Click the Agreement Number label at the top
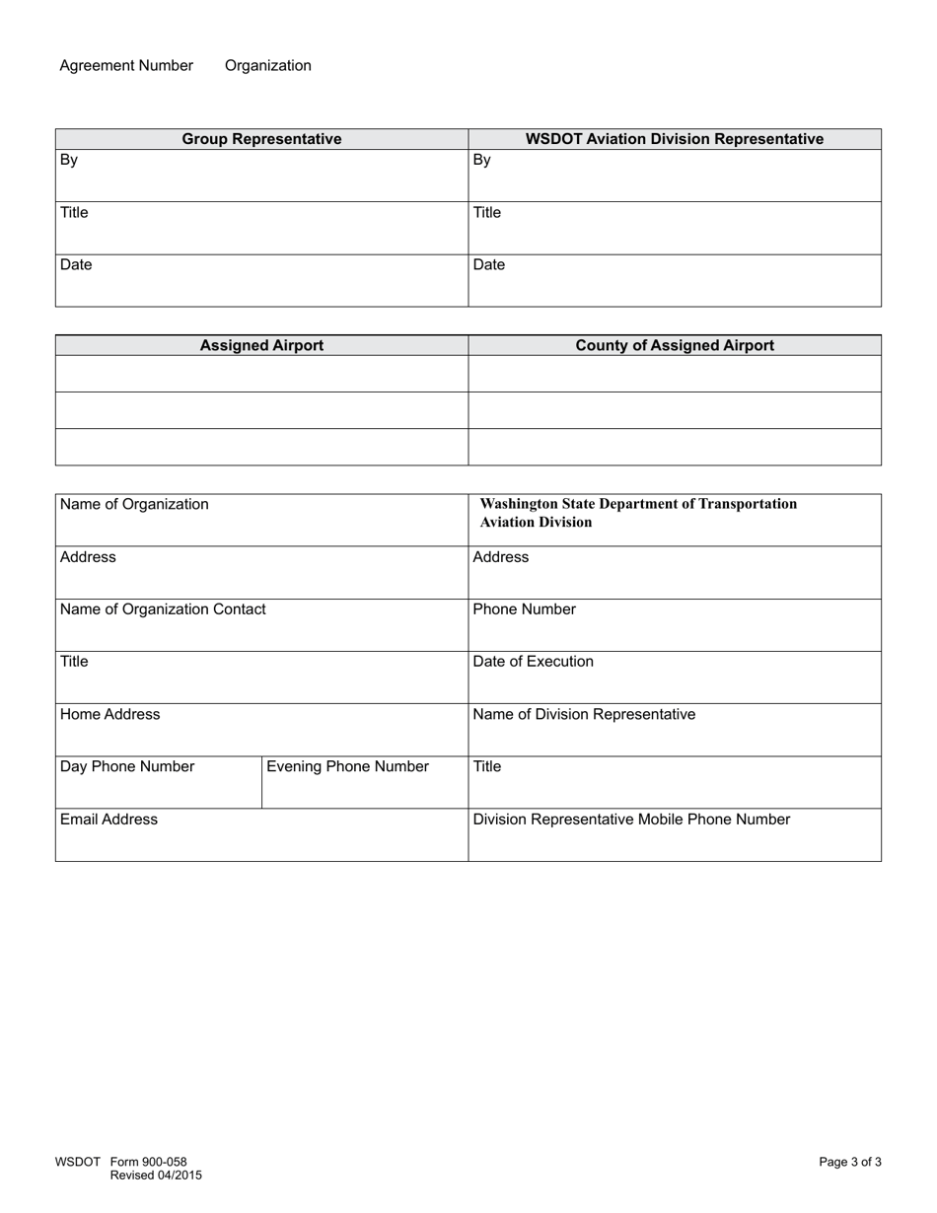click(126, 66)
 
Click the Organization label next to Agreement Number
click(267, 66)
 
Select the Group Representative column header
click(261, 139)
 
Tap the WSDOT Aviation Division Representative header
click(674, 139)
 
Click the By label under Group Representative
click(69, 161)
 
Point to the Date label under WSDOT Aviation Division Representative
click(488, 265)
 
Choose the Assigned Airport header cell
click(261, 346)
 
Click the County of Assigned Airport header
click(674, 346)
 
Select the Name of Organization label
click(134, 505)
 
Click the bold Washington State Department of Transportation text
click(638, 504)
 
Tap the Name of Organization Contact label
click(163, 609)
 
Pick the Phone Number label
click(524, 609)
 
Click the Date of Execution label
click(533, 662)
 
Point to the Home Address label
click(109, 715)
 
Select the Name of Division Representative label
click(584, 715)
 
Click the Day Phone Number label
click(127, 767)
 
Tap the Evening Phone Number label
click(347, 767)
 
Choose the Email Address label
click(108, 820)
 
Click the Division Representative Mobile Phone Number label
click(631, 820)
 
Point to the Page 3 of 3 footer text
click(849, 1163)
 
